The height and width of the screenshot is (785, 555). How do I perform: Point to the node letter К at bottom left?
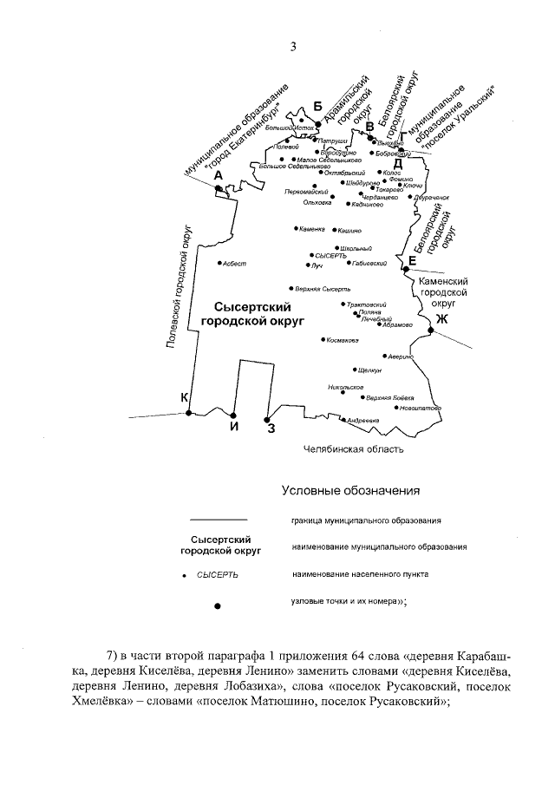click(x=184, y=397)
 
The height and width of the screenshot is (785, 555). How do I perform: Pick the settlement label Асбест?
click(x=234, y=263)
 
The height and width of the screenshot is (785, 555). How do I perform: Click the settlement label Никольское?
click(x=345, y=386)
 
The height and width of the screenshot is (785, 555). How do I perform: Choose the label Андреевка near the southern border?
click(x=363, y=421)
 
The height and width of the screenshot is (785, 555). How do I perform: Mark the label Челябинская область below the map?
click(x=353, y=449)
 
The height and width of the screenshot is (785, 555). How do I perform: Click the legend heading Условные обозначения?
click(x=350, y=490)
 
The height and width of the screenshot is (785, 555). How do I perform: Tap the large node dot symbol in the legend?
click(x=217, y=605)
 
